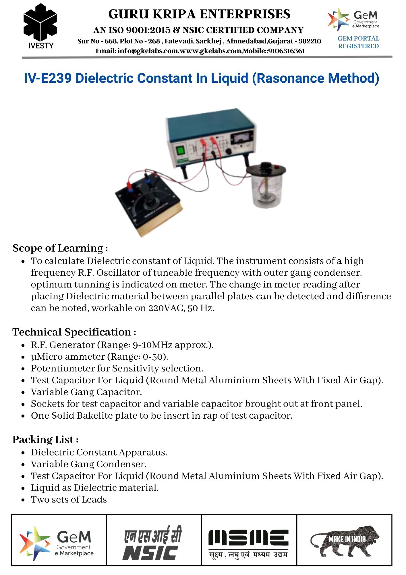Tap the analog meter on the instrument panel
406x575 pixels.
243,137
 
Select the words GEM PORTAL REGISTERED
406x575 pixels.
358,42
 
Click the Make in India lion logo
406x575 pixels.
344,540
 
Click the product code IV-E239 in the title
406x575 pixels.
47,78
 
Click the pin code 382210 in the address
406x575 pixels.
310,41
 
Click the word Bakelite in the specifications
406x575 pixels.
94,415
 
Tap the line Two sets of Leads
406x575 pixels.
69,499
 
